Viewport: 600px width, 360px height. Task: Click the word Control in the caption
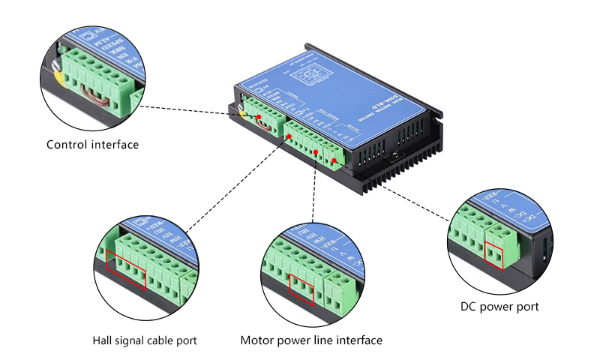point(65,145)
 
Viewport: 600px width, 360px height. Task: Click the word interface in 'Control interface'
point(112,145)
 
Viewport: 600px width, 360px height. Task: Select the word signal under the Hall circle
point(132,340)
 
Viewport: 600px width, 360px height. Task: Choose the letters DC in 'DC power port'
point(468,307)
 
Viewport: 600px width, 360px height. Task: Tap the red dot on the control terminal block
point(259,118)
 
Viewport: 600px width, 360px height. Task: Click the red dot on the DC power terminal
point(334,160)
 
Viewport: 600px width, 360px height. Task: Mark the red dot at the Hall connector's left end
point(289,136)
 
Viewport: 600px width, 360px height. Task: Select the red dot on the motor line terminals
point(316,152)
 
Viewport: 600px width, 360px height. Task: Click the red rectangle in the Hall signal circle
point(126,270)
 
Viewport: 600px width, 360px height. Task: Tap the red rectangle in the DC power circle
point(494,256)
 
